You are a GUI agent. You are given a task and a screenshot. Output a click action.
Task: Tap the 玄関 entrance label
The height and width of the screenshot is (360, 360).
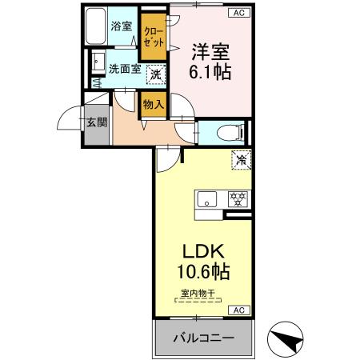click(x=96, y=122)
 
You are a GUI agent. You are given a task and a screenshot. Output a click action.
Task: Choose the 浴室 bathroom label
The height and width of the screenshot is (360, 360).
click(x=122, y=26)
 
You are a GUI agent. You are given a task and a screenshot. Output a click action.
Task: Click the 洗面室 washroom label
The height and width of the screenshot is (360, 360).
click(x=124, y=70)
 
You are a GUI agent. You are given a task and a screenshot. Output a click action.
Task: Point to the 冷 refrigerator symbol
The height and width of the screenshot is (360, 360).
click(x=239, y=159)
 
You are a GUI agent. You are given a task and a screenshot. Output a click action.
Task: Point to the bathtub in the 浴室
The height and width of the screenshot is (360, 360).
click(x=98, y=27)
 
